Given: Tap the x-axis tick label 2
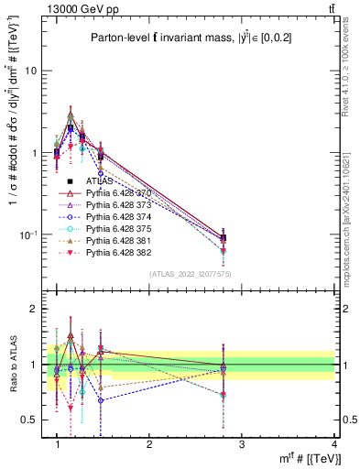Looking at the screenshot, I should pyautogui.click(x=149, y=444).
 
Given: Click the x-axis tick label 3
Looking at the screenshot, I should pyautogui.click(x=242, y=444).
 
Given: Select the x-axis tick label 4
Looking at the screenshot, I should pyautogui.click(x=333, y=444).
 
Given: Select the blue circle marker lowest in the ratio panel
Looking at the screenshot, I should pyautogui.click(x=101, y=400).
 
